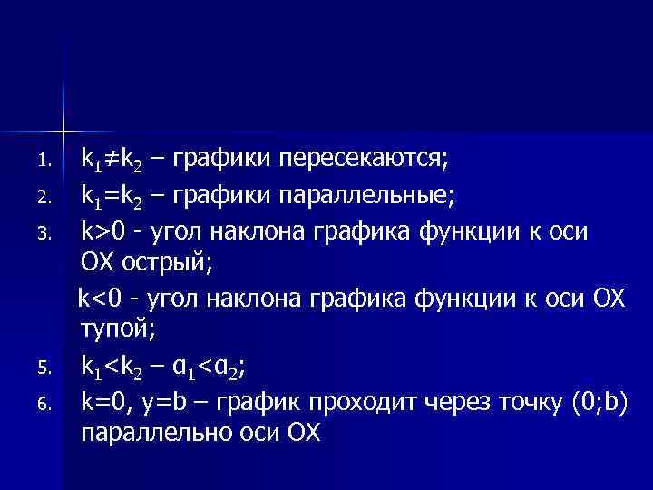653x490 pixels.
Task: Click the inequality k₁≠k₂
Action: click(x=110, y=162)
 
